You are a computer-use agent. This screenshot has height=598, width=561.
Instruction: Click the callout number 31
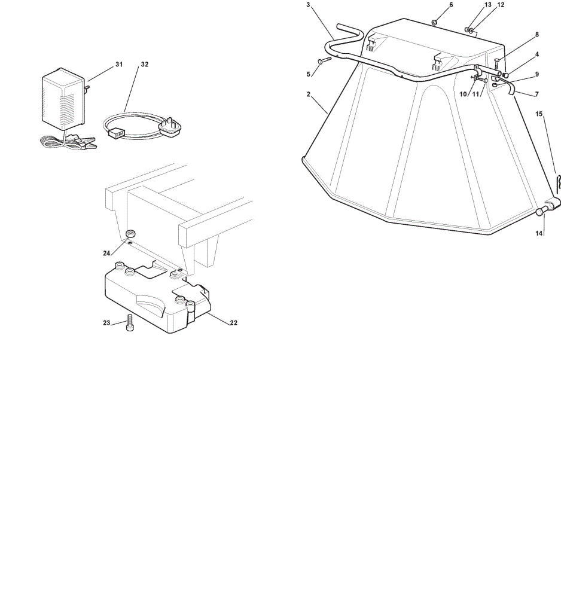119,65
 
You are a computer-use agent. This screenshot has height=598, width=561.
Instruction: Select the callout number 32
145,65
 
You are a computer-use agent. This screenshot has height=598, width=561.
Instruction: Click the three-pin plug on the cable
170,126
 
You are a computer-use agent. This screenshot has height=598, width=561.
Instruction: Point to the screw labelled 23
130,323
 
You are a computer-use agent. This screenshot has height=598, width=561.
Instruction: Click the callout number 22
233,323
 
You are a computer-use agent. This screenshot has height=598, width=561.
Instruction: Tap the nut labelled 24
131,233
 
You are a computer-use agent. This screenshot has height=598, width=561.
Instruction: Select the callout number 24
106,253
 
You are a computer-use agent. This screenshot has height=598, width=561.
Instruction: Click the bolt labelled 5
324,60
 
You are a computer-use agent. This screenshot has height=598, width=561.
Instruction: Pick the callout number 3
308,5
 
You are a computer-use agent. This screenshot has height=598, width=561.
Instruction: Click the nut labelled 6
434,22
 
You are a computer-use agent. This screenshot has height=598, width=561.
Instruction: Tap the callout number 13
488,5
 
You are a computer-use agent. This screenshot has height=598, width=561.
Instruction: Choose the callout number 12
501,5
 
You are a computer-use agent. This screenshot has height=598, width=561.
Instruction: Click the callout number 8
537,35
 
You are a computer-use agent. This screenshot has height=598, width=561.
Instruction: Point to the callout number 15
538,114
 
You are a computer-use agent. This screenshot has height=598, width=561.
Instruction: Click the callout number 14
538,233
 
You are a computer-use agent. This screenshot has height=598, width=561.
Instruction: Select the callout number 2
308,94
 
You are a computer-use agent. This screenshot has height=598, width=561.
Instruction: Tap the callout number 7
537,94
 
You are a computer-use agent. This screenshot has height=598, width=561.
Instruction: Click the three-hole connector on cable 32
117,133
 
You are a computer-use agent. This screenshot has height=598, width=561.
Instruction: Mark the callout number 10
463,94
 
